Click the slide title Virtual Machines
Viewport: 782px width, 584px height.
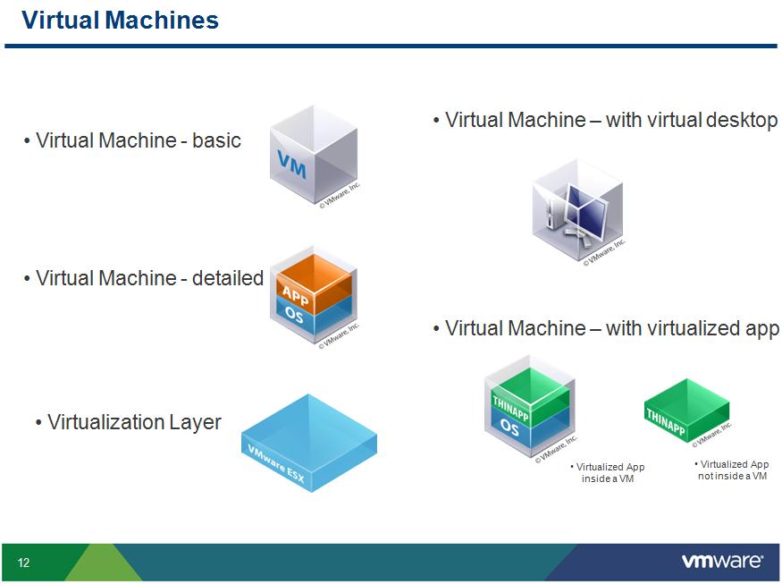click(x=120, y=20)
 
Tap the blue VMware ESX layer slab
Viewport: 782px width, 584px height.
click(x=308, y=442)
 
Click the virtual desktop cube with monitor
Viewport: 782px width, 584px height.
click(x=577, y=211)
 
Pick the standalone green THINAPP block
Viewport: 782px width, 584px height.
click(x=686, y=410)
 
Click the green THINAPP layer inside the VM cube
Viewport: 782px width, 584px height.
click(x=527, y=399)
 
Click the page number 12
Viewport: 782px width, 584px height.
click(x=23, y=563)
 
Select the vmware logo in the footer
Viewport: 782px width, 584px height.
click(x=722, y=562)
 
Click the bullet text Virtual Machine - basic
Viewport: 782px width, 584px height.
click(x=138, y=140)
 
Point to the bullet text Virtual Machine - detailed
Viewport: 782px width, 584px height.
click(x=148, y=278)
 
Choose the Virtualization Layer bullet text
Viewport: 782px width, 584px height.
click(x=133, y=422)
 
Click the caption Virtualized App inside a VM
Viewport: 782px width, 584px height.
click(x=609, y=473)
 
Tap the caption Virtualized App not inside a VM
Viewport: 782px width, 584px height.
click(x=732, y=470)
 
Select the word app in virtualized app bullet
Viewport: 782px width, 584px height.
click(x=761, y=329)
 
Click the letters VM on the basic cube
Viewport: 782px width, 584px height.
click(x=291, y=165)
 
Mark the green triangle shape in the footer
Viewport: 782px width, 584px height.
click(x=103, y=563)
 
